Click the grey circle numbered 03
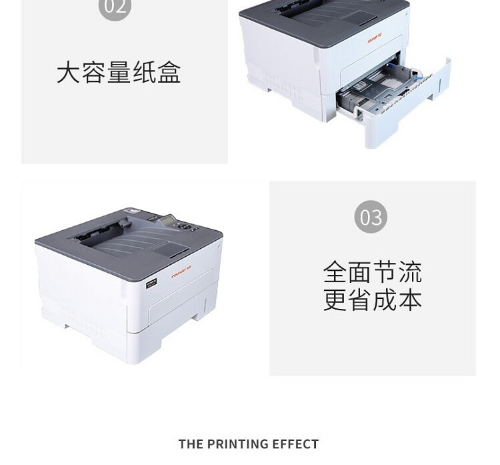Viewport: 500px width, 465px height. pyautogui.click(x=371, y=217)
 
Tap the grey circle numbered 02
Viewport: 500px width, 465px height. pyautogui.click(x=115, y=7)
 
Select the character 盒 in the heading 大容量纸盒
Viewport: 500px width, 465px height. pyautogui.click(x=169, y=72)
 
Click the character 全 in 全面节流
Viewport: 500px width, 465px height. pyautogui.click(x=335, y=272)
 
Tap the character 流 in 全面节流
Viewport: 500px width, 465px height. pyautogui.click(x=410, y=272)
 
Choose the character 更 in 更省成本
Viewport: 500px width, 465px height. pyautogui.click(x=335, y=299)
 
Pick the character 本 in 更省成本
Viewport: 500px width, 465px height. pyautogui.click(x=410, y=299)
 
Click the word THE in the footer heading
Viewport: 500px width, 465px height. pyautogui.click(x=190, y=444)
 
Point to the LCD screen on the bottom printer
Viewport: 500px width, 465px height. pyautogui.click(x=168, y=219)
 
